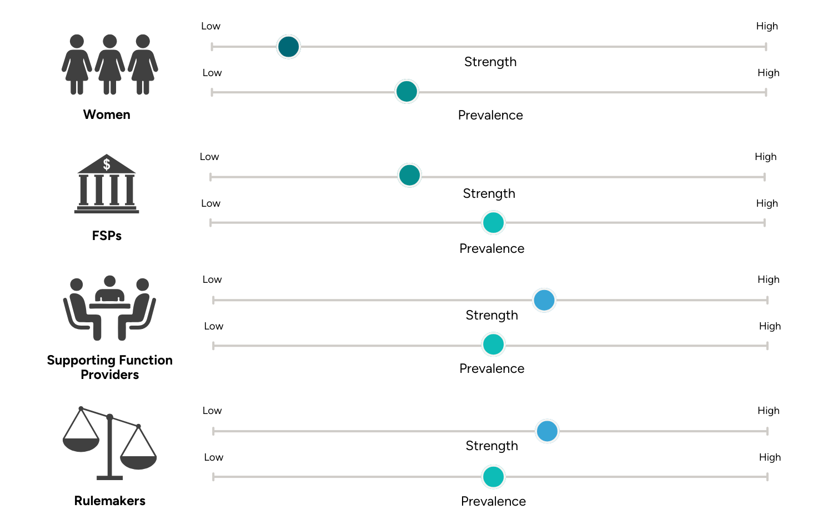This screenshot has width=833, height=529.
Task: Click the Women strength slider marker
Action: coord(288,47)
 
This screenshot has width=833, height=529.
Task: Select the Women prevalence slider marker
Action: coord(407,92)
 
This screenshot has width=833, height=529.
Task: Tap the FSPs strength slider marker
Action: coord(410,176)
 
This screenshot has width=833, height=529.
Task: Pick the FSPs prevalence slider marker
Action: coord(493,223)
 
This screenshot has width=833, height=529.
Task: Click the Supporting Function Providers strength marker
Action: coord(544,300)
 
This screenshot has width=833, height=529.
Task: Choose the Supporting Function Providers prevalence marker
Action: coord(493,345)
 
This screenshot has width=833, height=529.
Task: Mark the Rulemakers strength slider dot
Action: coord(547,431)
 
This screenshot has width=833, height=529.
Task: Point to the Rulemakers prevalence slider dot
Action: coord(493,477)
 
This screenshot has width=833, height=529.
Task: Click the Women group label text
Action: coord(107,114)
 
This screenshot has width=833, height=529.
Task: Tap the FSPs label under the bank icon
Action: coord(107,236)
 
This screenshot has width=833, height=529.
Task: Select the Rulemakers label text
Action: coord(109,501)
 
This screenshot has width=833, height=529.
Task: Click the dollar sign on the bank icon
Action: coord(107,164)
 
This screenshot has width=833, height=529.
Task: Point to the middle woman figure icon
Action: coord(110,64)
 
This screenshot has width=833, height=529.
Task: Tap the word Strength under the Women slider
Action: coord(490,62)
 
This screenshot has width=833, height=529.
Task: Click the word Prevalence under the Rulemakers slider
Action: coord(493,501)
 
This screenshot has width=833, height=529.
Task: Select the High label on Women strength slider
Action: coord(767,26)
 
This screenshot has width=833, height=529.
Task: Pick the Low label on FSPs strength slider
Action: coord(209,157)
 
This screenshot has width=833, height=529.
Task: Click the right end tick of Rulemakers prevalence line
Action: coord(767,477)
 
